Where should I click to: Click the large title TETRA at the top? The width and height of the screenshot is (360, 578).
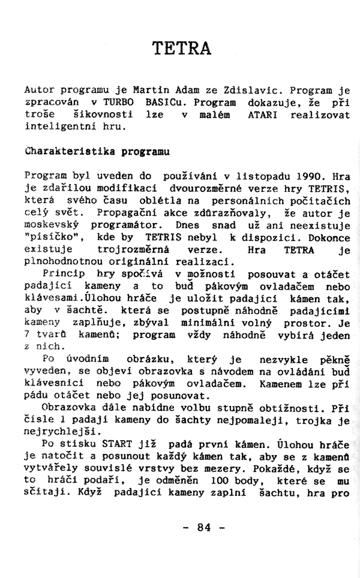(181, 47)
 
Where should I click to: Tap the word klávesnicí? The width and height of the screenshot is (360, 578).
(55, 384)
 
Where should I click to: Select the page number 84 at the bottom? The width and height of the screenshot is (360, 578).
(205, 528)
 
